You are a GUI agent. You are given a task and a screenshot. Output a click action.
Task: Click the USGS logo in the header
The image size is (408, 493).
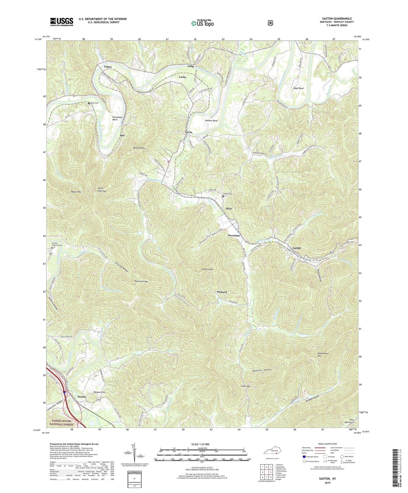62,21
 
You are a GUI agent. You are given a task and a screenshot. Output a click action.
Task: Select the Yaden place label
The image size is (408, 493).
108,67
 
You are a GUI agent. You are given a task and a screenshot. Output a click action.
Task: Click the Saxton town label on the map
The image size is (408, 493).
82,396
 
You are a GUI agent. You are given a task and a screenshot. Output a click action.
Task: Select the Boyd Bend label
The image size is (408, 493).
298,88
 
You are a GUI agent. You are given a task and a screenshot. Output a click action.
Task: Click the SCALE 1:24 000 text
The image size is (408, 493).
201,444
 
